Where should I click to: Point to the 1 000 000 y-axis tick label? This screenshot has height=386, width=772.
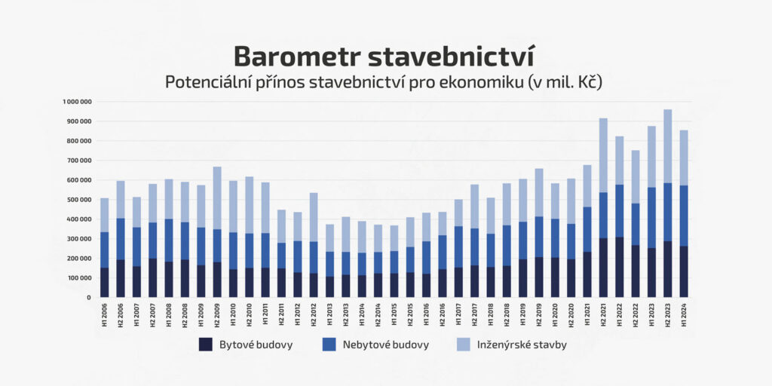click(78, 101)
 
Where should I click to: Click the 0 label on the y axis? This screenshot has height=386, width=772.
click(89, 297)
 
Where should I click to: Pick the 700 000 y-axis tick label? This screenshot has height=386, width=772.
click(80, 160)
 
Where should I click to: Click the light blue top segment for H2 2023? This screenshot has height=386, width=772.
click(667, 146)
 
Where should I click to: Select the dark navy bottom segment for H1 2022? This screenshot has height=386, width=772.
click(619, 267)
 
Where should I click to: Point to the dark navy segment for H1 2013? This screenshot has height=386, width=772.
click(329, 286)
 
